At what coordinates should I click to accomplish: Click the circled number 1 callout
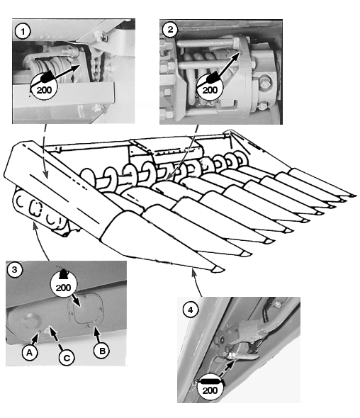click(x=23, y=31)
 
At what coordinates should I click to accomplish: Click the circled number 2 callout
click(x=170, y=29)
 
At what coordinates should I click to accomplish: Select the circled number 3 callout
click(x=14, y=269)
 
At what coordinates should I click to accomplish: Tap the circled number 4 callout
click(x=190, y=310)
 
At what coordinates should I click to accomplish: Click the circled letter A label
click(x=29, y=352)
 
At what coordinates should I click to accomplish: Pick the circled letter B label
click(x=102, y=351)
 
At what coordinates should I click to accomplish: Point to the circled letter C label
click(x=67, y=358)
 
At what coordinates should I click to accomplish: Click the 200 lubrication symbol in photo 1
click(x=44, y=86)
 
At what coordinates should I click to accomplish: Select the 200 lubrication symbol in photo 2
click(x=210, y=86)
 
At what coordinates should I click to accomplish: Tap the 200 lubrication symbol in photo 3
click(x=64, y=284)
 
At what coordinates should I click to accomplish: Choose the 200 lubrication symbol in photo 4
click(x=210, y=389)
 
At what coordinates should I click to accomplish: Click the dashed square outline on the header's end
click(x=35, y=208)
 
